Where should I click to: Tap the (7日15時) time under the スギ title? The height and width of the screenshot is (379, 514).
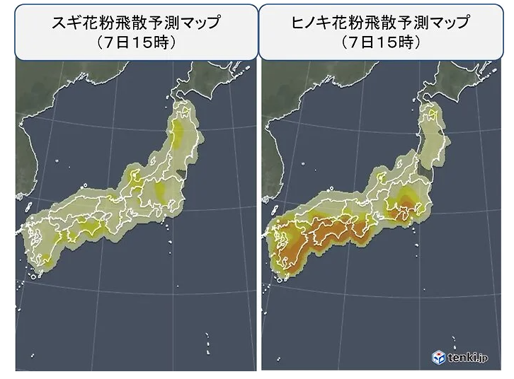click(x=136, y=42)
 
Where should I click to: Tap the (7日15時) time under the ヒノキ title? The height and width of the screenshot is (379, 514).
click(x=381, y=42)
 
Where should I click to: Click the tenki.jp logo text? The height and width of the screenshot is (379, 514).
click(x=468, y=358)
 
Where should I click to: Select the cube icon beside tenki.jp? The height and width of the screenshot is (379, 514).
click(x=439, y=358)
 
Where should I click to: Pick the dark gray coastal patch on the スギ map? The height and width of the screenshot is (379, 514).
click(x=181, y=173)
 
